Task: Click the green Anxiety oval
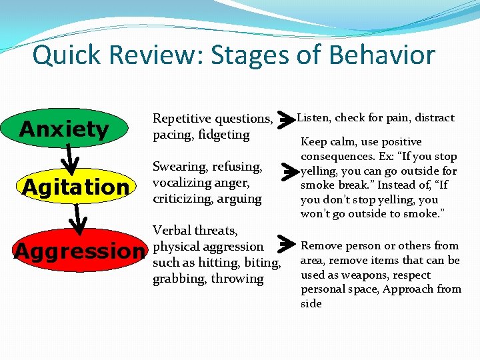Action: [x=65, y=129]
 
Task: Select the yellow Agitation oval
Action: [x=75, y=187]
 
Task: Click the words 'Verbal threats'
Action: [x=195, y=231]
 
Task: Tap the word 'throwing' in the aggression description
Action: [x=237, y=279]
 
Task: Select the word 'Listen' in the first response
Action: [x=313, y=118]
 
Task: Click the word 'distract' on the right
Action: [x=434, y=118]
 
